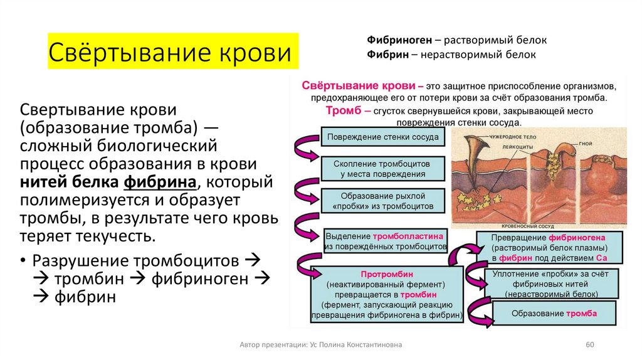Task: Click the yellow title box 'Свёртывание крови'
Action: (x=170, y=52)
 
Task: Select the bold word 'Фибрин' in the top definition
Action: (x=384, y=55)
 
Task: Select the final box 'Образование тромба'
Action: (x=554, y=314)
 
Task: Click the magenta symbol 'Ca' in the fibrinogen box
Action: (x=601, y=258)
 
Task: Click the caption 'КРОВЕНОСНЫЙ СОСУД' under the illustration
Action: (x=530, y=225)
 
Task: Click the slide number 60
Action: (x=589, y=345)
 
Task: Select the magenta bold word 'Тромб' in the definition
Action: (x=343, y=110)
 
